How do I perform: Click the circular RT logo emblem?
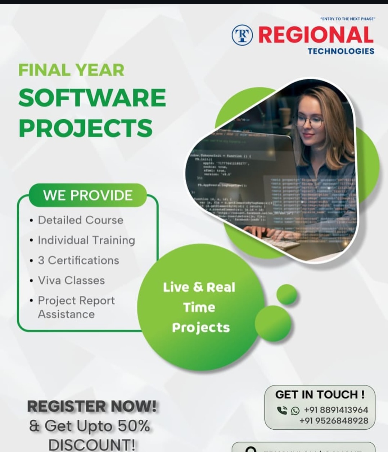tap(242, 35)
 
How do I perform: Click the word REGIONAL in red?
tap(316, 35)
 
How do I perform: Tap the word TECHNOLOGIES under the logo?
tap(341, 51)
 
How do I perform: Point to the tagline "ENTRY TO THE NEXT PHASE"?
tap(347, 19)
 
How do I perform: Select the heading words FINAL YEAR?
tap(71, 70)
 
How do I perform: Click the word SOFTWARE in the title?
tap(92, 98)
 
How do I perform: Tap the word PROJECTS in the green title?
tap(86, 128)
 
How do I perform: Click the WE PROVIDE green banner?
tap(88, 195)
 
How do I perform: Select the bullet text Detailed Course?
tap(81, 220)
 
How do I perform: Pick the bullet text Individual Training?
tap(86, 240)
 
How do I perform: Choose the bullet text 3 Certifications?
tap(78, 260)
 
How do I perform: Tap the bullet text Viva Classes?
tap(71, 280)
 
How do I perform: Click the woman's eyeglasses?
tap(310, 121)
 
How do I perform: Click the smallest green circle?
tap(287, 294)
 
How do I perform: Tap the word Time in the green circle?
tap(199, 308)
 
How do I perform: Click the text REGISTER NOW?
tap(92, 406)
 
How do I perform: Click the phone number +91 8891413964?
tap(336, 410)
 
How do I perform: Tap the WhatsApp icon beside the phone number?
tap(295, 410)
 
